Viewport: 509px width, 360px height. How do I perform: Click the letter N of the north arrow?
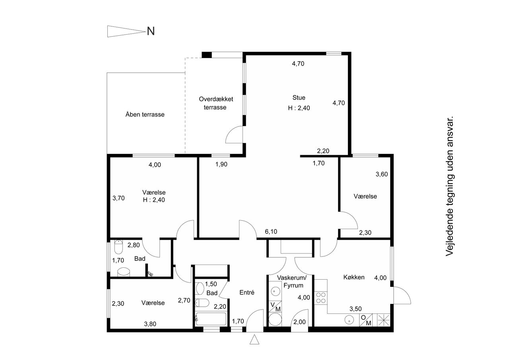151,31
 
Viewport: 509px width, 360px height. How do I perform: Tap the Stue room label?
299,98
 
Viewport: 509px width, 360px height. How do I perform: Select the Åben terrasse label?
145,114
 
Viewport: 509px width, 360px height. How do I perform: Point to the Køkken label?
354,277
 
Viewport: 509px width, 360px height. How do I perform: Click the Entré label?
247,292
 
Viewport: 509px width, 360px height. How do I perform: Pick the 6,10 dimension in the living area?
271,232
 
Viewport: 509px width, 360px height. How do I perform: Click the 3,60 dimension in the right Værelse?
381,174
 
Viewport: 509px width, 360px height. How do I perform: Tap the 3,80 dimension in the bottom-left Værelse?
150,324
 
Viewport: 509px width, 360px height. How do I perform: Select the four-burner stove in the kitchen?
321,298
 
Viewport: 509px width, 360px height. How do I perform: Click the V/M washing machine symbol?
275,307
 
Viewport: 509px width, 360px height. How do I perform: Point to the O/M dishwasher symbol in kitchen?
366,320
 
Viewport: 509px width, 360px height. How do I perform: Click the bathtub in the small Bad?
211,319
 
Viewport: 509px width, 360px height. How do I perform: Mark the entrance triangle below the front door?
254,339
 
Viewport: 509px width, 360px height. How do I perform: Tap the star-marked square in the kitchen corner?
384,320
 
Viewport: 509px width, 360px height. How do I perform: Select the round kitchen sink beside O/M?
349,320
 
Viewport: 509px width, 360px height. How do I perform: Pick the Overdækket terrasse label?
216,103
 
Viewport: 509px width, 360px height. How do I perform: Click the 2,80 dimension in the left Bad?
133,245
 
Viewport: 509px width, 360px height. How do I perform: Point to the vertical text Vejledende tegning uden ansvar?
449,186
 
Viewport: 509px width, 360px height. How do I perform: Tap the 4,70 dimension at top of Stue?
298,64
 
